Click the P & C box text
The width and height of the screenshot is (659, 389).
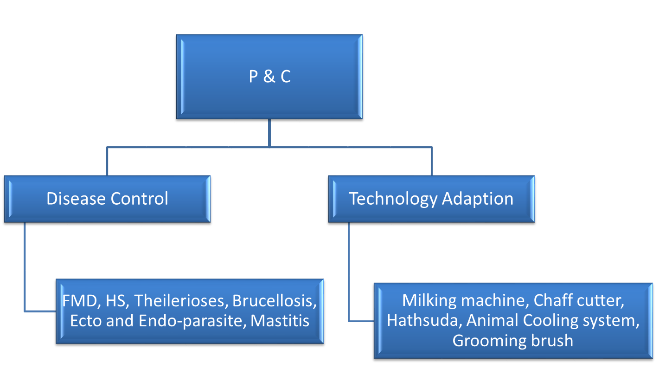tap(270, 76)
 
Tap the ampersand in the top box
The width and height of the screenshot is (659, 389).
tap(269, 76)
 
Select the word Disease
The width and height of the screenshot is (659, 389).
tap(76, 199)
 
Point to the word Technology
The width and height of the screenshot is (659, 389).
tap(393, 199)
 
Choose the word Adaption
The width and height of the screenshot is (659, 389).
tap(478, 199)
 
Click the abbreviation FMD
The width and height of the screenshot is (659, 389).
tap(80, 301)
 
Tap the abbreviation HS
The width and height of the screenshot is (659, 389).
tap(115, 301)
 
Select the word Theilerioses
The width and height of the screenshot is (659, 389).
tap(180, 301)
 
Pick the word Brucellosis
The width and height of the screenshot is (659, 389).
tap(273, 301)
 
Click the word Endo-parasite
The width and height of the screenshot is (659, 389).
tap(190, 321)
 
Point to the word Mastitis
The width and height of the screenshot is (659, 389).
tap(280, 321)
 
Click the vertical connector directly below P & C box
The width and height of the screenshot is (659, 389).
tap(269, 133)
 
